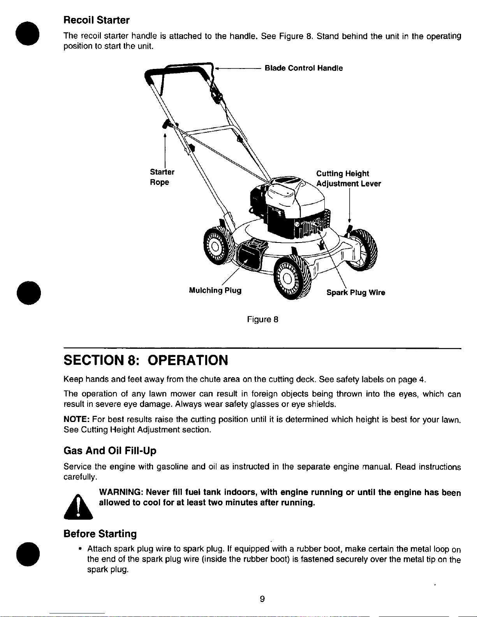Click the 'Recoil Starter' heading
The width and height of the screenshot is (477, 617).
coord(97,20)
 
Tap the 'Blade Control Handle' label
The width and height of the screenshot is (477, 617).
coord(303,68)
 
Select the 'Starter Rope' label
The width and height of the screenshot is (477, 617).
coord(162,177)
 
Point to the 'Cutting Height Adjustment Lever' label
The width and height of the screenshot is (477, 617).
coord(349,179)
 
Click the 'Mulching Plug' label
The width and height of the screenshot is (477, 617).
coord(215,290)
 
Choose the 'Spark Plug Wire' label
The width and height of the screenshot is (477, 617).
coord(356,292)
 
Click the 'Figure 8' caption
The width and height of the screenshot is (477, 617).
coord(262,320)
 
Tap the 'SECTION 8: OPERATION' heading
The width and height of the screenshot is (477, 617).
coord(146,360)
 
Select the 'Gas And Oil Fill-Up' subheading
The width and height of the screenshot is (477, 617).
coord(110,451)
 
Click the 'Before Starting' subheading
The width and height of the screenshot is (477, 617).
coord(100,534)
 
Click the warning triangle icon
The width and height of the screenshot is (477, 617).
coord(78,507)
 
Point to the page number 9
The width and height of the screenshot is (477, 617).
coord(262,599)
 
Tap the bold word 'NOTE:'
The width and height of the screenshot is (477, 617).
coord(77,419)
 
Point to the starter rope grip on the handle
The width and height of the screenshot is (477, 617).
coord(167,124)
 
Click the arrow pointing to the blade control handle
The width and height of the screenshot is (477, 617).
coord(238,68)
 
